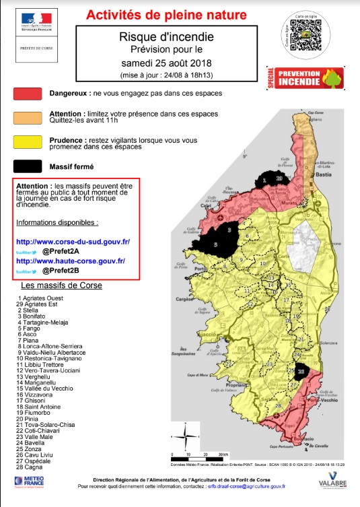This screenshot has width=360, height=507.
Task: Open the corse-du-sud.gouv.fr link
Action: [73, 241]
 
